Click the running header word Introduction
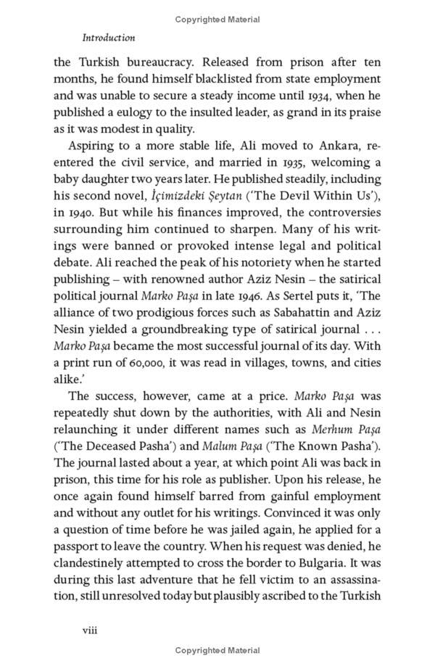click(x=109, y=37)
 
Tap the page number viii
click(x=89, y=630)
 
